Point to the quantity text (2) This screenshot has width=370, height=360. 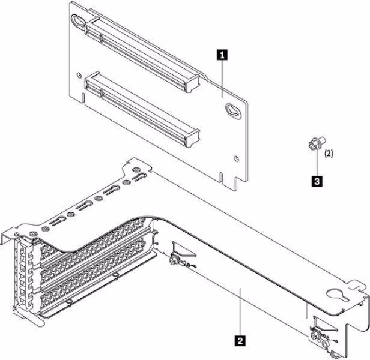tap(329, 154)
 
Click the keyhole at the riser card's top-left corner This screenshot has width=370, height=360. tap(78, 20)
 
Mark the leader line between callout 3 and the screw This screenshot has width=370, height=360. tap(315, 162)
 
